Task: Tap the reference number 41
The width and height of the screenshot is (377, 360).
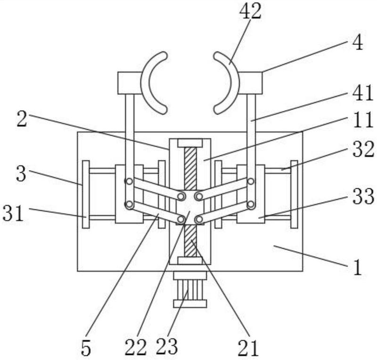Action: [x=362, y=93]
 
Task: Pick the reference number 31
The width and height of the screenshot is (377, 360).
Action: [x=14, y=213]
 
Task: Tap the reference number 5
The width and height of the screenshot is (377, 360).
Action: [x=86, y=348]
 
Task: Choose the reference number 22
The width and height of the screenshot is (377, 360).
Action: [x=135, y=347]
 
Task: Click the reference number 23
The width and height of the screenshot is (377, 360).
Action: [x=167, y=346]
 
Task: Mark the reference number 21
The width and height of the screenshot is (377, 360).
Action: [x=248, y=348]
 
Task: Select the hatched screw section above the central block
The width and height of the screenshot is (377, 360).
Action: [x=190, y=168]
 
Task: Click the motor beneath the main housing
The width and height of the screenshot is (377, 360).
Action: [x=190, y=289]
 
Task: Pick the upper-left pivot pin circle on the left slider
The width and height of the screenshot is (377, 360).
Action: [x=129, y=181]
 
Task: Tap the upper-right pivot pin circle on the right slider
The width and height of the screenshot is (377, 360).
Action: [x=251, y=181]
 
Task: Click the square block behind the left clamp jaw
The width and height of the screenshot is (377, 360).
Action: [x=130, y=83]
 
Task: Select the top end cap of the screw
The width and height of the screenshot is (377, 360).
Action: [x=190, y=143]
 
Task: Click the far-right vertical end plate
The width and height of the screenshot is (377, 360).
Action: [x=294, y=194]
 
